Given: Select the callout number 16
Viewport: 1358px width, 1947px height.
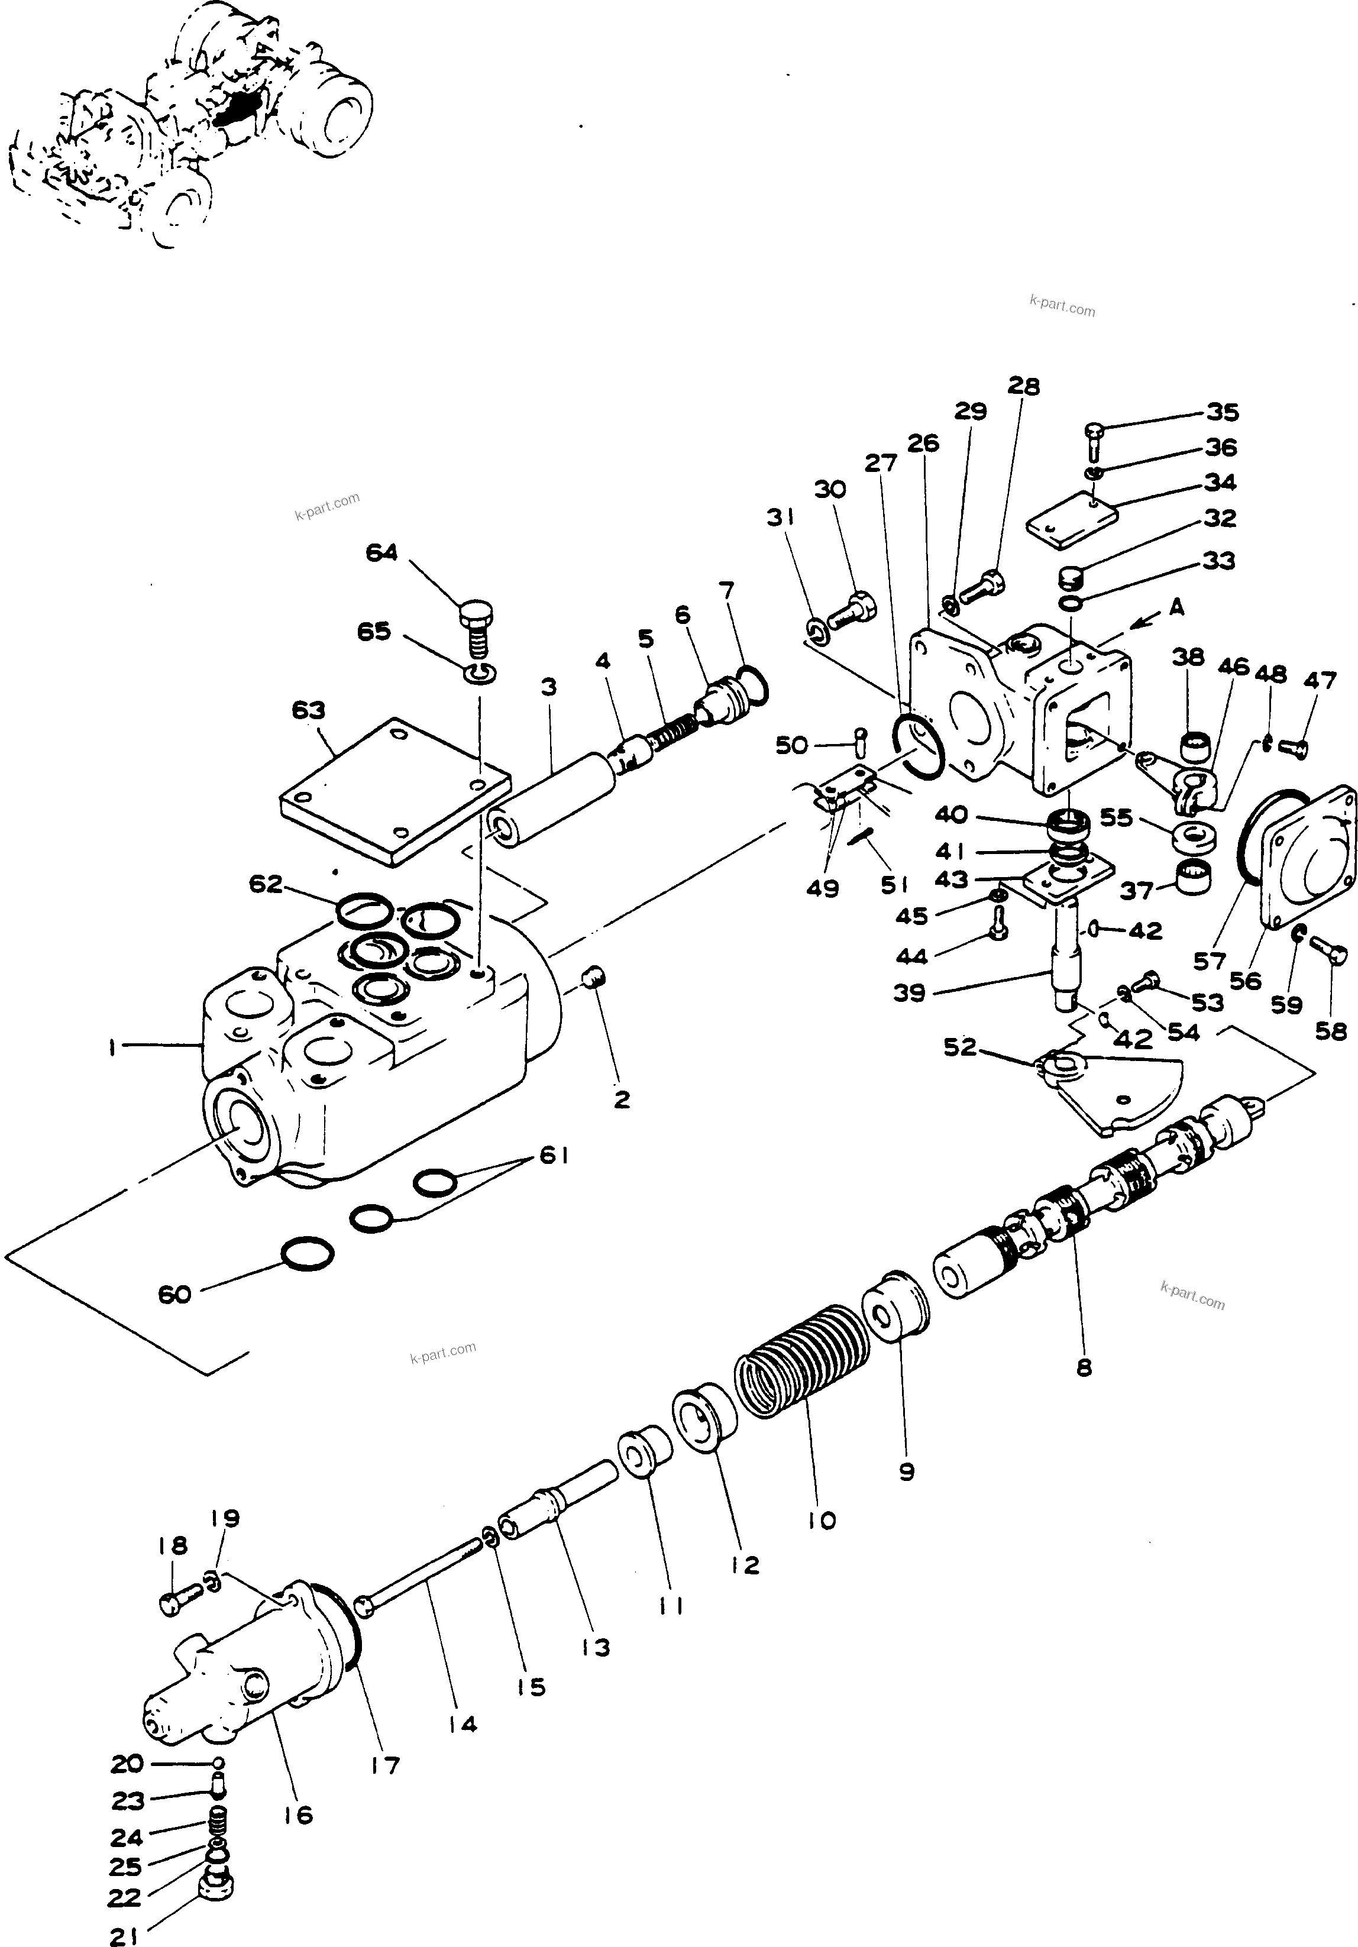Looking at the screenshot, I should (x=299, y=1815).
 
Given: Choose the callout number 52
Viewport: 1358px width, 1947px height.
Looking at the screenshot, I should (x=960, y=1048).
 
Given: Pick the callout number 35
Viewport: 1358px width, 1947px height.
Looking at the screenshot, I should (x=1223, y=412).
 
